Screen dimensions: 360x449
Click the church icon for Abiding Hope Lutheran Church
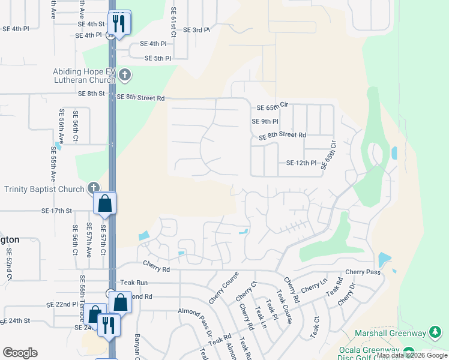pyautogui.click(x=125, y=75)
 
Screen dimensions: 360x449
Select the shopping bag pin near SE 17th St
pyautogui.click(x=105, y=204)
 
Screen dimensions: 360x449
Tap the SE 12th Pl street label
pyautogui.click(x=301, y=163)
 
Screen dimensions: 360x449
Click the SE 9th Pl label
pyautogui.click(x=265, y=121)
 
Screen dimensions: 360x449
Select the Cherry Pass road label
pyautogui.click(x=363, y=272)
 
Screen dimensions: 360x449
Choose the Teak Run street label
pyautogui.click(x=133, y=282)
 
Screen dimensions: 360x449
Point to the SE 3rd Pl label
pyautogui.click(x=196, y=29)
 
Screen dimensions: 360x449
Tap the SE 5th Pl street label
pyautogui.click(x=158, y=58)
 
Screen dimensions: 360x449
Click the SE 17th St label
pyautogui.click(x=56, y=211)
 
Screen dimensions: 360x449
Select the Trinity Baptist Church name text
pyautogui.click(x=44, y=189)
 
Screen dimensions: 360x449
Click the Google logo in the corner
pyautogui.click(x=20, y=353)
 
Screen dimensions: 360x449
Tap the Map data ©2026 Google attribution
pyautogui.click(x=412, y=355)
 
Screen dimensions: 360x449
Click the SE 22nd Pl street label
pyautogui.click(x=62, y=305)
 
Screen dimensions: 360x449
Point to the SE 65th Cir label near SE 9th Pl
pyautogui.click(x=273, y=106)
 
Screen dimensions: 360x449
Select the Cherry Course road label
pyautogui.click(x=224, y=287)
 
